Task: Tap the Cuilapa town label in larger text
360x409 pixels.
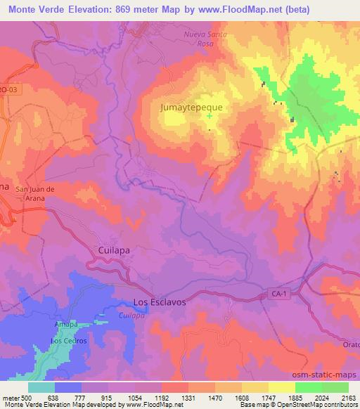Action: coord(112,249)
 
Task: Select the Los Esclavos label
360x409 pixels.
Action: coord(159,302)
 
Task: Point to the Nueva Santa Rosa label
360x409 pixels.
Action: coord(206,38)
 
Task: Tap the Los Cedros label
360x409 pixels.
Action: coord(68,341)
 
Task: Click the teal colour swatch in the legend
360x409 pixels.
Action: coord(41,387)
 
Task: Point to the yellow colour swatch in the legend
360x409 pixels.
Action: coord(281,387)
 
